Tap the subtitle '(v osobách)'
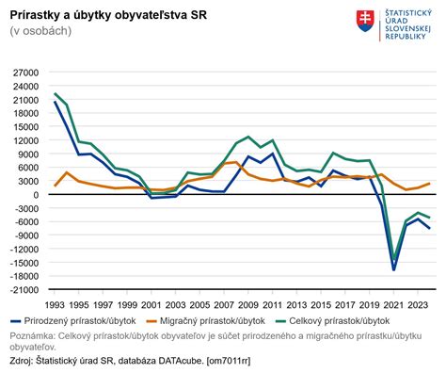point(41,31)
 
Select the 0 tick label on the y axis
point(34,195)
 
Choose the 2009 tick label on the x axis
point(249,305)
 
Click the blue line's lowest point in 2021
point(393,269)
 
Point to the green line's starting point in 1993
point(56,94)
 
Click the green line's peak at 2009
point(249,137)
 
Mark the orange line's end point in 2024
point(430,184)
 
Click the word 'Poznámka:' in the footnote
point(33,335)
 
